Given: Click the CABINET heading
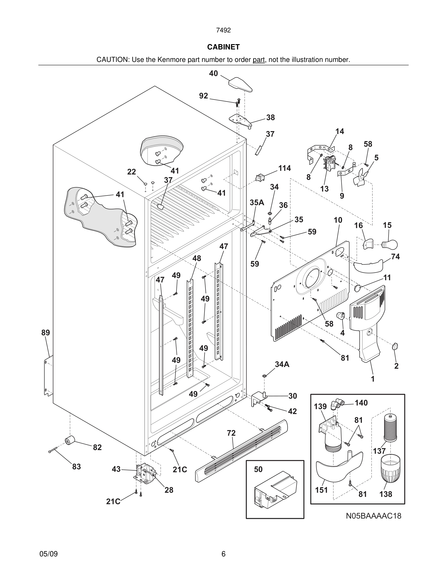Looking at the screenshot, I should pos(223,47).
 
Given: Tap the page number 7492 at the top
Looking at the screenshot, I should pos(223,30).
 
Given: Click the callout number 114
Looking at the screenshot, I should pos(284,168).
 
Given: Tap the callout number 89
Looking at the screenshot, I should pos(46,332).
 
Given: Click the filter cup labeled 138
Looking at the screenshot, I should pos(390,468).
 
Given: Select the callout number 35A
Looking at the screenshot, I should pos(257,203).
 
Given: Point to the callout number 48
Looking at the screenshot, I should pos(196,258).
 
